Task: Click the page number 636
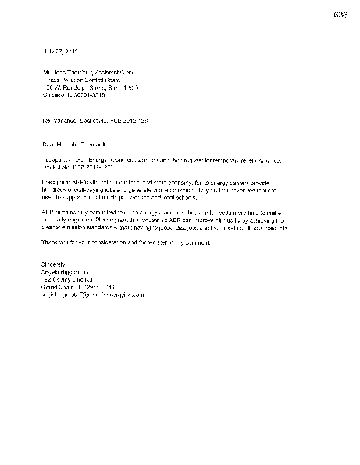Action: [x=341, y=15]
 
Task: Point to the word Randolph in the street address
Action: [x=83, y=87]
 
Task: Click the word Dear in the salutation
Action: [x=51, y=142]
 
